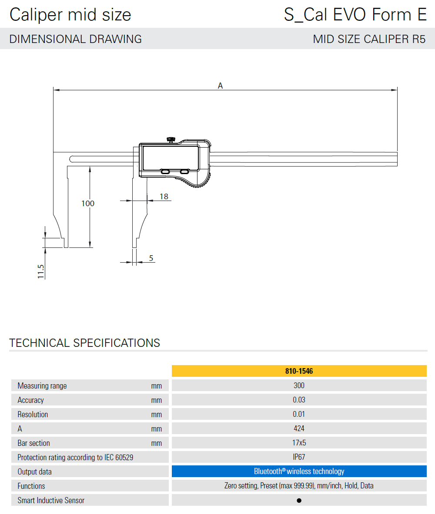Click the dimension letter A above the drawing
[x=221, y=86]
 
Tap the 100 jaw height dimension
[x=88, y=203]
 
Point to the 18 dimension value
[x=164, y=196]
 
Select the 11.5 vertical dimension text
[x=41, y=271]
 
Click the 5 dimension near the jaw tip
[x=151, y=258]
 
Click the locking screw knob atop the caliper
[x=171, y=139]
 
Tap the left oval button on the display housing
[x=165, y=172]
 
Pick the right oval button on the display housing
[x=184, y=172]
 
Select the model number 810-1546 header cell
[x=299, y=371]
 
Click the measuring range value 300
[x=299, y=385]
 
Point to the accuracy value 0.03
[x=299, y=400]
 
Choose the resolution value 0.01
[x=299, y=414]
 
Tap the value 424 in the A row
[x=299, y=428]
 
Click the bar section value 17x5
[x=299, y=443]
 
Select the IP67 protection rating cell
[x=299, y=457]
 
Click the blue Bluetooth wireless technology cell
[x=299, y=471]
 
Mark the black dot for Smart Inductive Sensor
[x=299, y=501]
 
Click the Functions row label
[x=31, y=486]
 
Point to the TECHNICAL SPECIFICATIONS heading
[x=85, y=343]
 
